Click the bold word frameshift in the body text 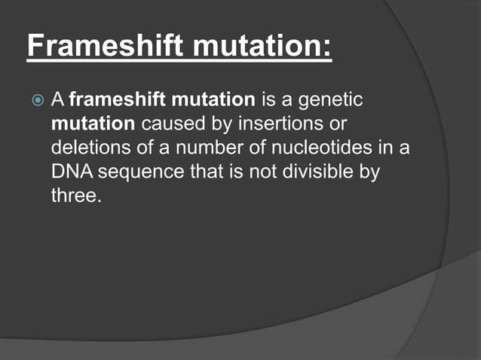click(113, 99)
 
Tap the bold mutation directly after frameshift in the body click(207, 99)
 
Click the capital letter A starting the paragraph click(58, 99)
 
